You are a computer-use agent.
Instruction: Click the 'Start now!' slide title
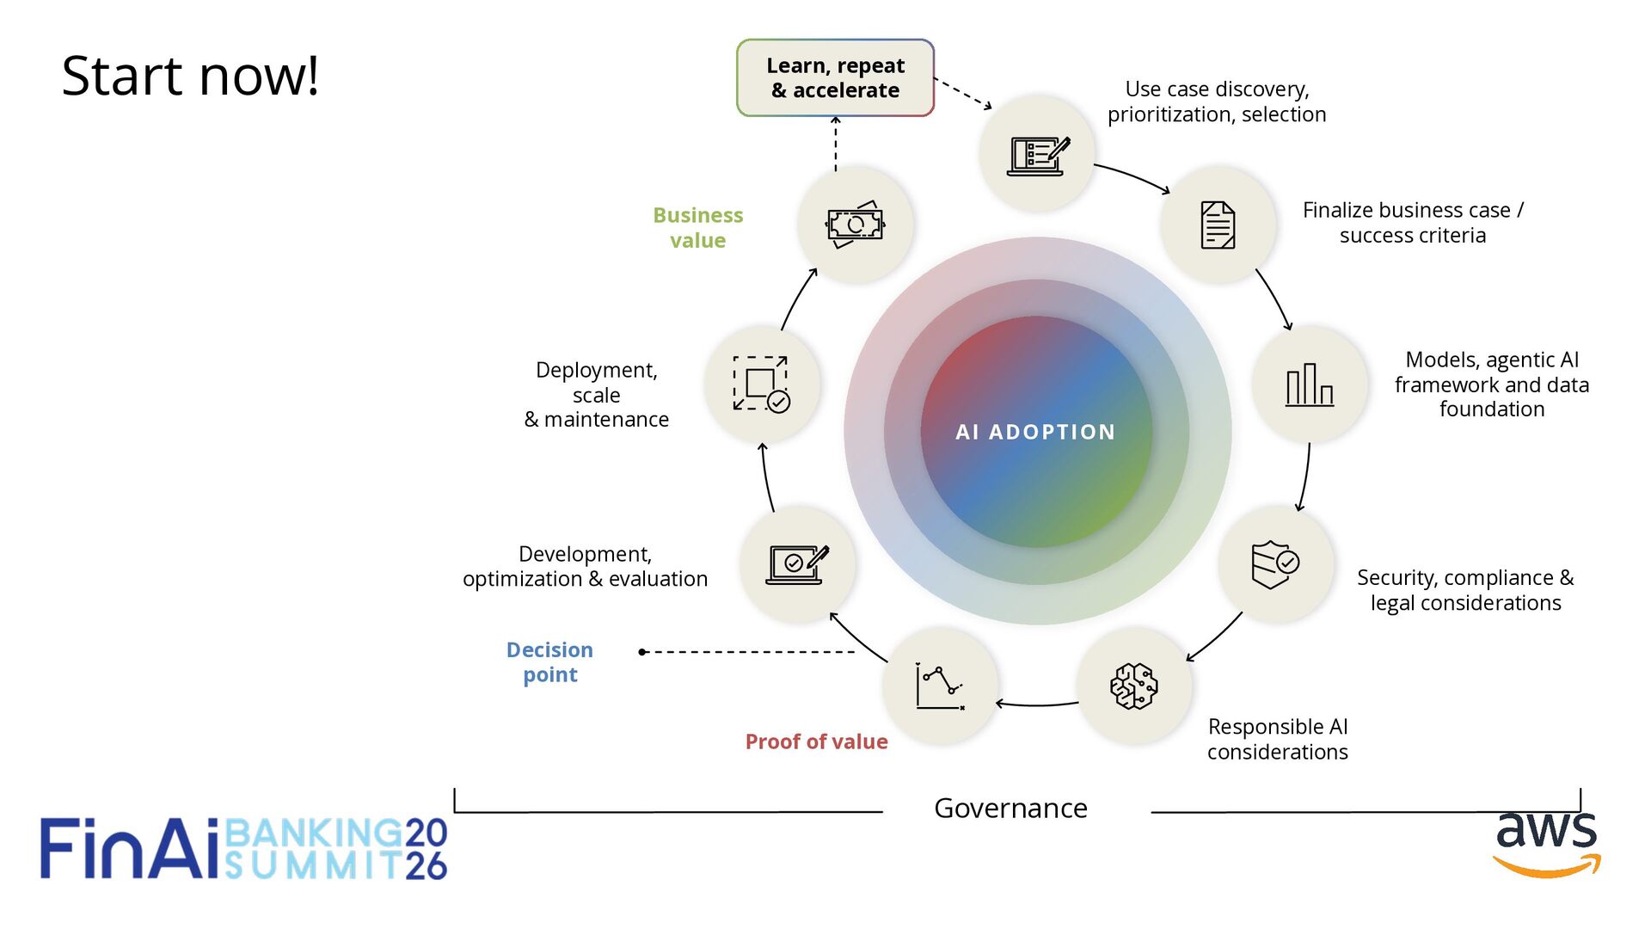pyautogui.click(x=190, y=76)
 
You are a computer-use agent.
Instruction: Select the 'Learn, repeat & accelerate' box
pyautogui.click(x=835, y=78)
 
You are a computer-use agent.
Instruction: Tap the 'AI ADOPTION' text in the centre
pyautogui.click(x=1035, y=432)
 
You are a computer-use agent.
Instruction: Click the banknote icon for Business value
pyautogui.click(x=855, y=225)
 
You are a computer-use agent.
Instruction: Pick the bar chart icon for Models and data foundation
pyautogui.click(x=1309, y=384)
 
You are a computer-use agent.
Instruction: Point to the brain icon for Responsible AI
pyautogui.click(x=1133, y=686)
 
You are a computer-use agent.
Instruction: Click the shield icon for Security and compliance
pyautogui.click(x=1274, y=564)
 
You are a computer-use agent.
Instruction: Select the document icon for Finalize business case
pyautogui.click(x=1218, y=225)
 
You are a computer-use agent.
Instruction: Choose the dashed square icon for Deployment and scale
pyautogui.click(x=761, y=384)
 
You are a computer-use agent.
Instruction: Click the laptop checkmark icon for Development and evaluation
pyautogui.click(x=797, y=564)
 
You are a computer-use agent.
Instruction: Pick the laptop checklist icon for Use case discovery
pyautogui.click(x=1037, y=155)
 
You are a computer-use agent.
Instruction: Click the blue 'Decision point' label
pyautogui.click(x=549, y=661)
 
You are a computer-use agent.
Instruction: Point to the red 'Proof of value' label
pyautogui.click(x=816, y=741)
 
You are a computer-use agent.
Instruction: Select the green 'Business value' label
pyautogui.click(x=697, y=227)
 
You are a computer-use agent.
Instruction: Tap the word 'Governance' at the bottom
pyautogui.click(x=1010, y=809)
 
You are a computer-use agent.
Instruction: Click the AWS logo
pyautogui.click(x=1546, y=844)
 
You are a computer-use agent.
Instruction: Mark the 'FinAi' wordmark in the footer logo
pyautogui.click(x=129, y=849)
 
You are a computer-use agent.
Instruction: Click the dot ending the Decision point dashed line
pyautogui.click(x=642, y=652)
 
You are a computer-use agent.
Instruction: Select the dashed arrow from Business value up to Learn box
pyautogui.click(x=835, y=144)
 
